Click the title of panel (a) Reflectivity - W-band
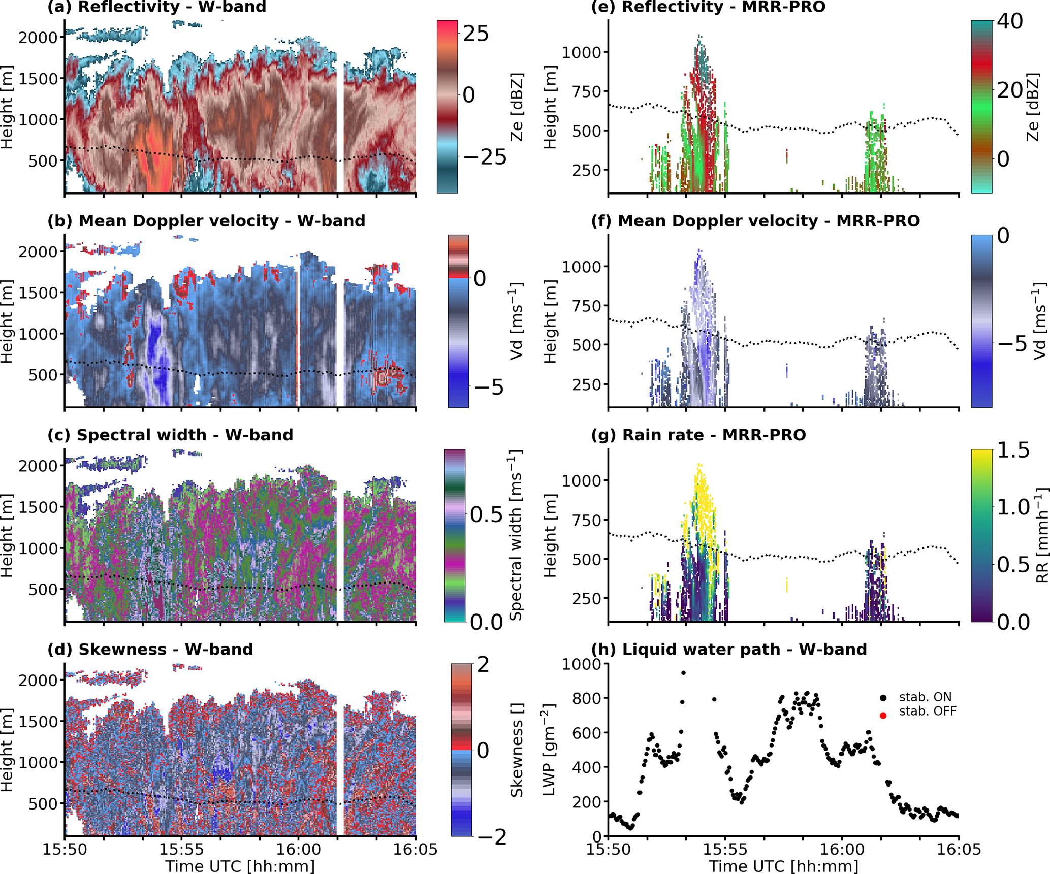pyautogui.click(x=156, y=7)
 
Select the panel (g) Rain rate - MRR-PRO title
pyautogui.click(x=698, y=435)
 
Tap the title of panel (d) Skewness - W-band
pyautogui.click(x=150, y=650)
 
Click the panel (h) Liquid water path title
pyautogui.click(x=729, y=650)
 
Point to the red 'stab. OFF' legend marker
pyautogui.click(x=883, y=716)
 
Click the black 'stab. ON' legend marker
pyautogui.click(x=883, y=698)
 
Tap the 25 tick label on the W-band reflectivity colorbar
pyautogui.click(x=475, y=34)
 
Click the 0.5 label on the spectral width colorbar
pyautogui.click(x=486, y=515)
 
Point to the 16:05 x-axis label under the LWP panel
pyautogui.click(x=959, y=849)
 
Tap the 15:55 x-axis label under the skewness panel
pyautogui.click(x=181, y=849)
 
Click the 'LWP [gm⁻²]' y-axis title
pyautogui.click(x=549, y=749)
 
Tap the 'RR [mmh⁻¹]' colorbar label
pyautogui.click(x=1041, y=536)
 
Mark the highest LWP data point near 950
pyautogui.click(x=684, y=673)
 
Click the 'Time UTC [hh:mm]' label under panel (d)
pyautogui.click(x=240, y=866)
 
